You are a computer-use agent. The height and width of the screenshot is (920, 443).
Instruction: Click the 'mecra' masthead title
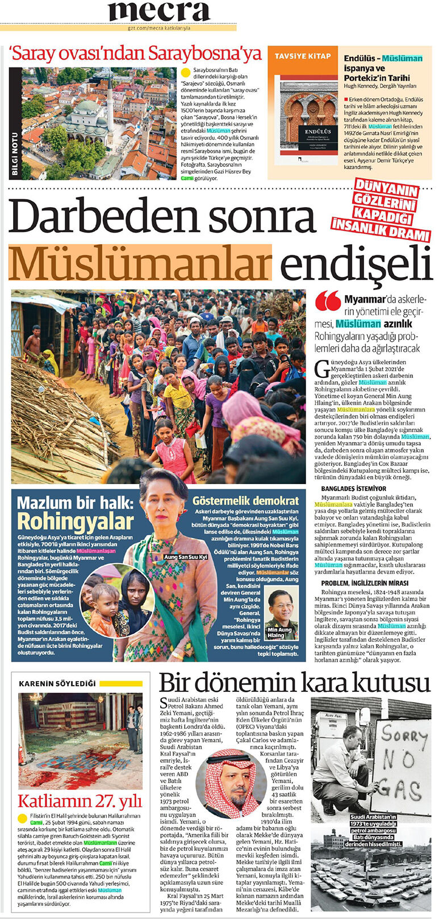coord(160,11)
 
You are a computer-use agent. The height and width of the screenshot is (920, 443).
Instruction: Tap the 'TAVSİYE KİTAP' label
coord(303,56)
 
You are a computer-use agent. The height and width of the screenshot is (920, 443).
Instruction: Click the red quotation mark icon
coord(328,301)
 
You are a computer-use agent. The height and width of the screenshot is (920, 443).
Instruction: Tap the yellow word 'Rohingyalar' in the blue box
coord(75,522)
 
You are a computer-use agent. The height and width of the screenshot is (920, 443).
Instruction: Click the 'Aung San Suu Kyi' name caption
coord(186,557)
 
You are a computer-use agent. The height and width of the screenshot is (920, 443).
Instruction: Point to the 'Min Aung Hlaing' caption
coord(279,632)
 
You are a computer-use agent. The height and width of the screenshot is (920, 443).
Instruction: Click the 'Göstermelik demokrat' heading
coord(245,501)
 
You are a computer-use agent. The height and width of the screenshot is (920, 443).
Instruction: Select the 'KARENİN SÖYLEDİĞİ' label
coord(57,684)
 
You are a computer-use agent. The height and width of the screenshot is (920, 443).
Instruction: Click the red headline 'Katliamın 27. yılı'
coord(80,801)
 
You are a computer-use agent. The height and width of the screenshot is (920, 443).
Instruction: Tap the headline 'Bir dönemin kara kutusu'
coord(294,682)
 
